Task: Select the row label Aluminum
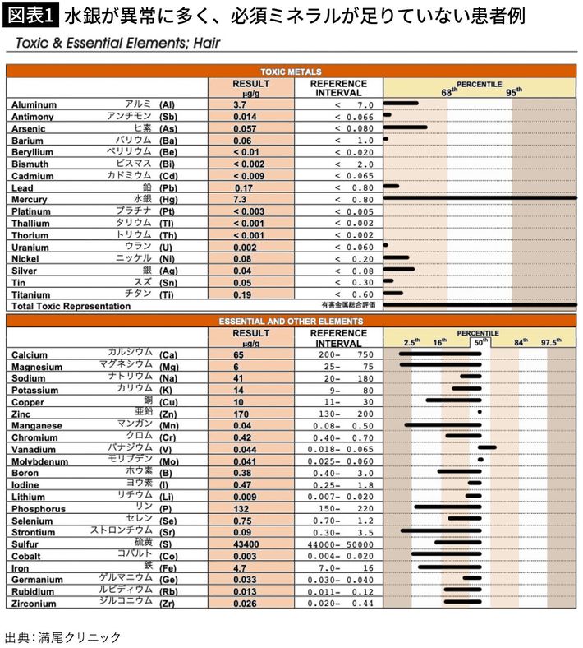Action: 34,105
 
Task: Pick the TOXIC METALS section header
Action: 291,72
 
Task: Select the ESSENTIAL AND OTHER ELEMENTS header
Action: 291,321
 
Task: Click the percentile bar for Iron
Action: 450,567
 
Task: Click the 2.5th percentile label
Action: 411,341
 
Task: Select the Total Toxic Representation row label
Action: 71,306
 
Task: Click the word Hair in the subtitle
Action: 202,43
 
